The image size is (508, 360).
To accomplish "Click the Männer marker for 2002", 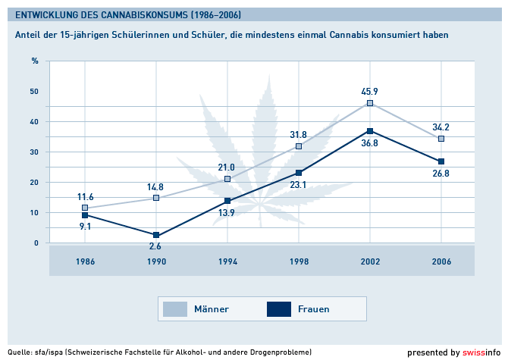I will [370, 103].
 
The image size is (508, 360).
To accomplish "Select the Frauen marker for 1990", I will [156, 235].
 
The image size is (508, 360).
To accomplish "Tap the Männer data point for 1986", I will [85, 208].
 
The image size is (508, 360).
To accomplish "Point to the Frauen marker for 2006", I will [441, 161].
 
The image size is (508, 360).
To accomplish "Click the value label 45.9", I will [370, 91].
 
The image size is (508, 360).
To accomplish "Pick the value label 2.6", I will [156, 247].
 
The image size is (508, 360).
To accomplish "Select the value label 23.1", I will [299, 185].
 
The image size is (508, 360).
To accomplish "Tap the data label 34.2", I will [441, 126].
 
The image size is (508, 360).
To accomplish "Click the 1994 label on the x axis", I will [227, 261].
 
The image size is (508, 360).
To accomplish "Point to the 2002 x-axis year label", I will [370, 261].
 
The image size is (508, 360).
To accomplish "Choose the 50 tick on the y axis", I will [34, 91].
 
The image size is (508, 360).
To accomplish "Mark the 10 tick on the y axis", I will [34, 212].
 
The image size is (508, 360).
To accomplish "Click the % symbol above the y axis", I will [34, 60].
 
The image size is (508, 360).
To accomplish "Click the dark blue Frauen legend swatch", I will [279, 308].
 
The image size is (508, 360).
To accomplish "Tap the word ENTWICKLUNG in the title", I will [46, 14].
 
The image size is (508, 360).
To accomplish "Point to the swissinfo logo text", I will [482, 352].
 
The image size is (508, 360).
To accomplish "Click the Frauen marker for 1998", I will [299, 173].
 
